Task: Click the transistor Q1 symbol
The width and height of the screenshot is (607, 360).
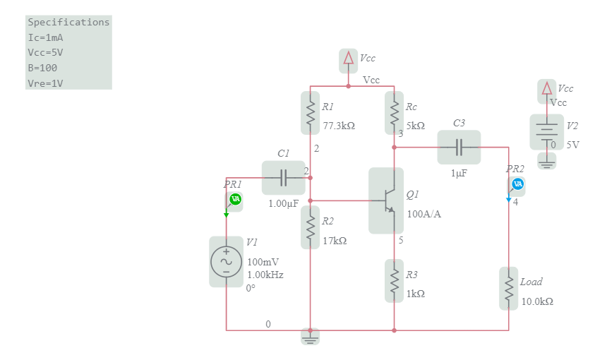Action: tap(386, 200)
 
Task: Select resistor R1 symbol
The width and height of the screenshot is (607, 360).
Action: tap(310, 112)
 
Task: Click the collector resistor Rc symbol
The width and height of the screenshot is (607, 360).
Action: tap(394, 112)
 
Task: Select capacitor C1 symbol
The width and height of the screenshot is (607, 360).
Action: tap(283, 178)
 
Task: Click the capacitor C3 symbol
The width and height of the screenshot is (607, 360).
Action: tap(459, 147)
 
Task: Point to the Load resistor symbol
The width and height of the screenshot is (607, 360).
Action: tap(508, 288)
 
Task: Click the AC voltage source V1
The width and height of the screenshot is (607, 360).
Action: tap(226, 261)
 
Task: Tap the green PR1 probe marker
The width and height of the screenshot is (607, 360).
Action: tap(236, 199)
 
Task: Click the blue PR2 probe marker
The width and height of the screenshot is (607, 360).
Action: tap(517, 184)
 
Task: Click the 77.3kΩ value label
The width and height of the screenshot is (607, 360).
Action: tap(339, 126)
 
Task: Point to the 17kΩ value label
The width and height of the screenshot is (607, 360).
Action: tap(335, 241)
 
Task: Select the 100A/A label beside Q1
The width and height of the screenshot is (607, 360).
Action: tap(424, 214)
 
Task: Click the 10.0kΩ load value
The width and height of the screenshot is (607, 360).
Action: tap(537, 301)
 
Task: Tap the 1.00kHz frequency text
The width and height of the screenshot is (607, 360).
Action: tap(265, 275)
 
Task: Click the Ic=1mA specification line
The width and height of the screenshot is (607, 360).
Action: tap(46, 37)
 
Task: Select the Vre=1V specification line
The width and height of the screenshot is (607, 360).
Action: tap(46, 83)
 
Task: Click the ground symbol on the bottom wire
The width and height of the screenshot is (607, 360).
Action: tap(310, 337)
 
